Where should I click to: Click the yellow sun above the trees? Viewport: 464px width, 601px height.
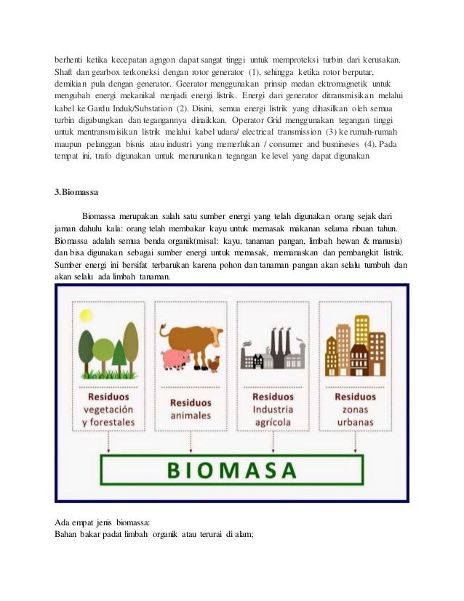[x=87, y=316]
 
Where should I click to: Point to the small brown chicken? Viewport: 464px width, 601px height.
[x=213, y=363]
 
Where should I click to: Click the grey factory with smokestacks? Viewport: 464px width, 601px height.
[x=272, y=349]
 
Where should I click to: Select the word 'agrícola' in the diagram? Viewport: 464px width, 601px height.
[x=273, y=423]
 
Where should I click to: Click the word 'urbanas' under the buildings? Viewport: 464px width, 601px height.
[x=356, y=423]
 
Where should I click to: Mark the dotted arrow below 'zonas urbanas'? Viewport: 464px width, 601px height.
[x=356, y=439]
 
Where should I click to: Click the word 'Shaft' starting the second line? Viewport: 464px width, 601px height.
[x=65, y=73]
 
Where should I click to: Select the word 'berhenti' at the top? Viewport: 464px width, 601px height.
[x=71, y=60]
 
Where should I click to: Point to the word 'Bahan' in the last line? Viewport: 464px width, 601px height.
[x=68, y=535]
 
